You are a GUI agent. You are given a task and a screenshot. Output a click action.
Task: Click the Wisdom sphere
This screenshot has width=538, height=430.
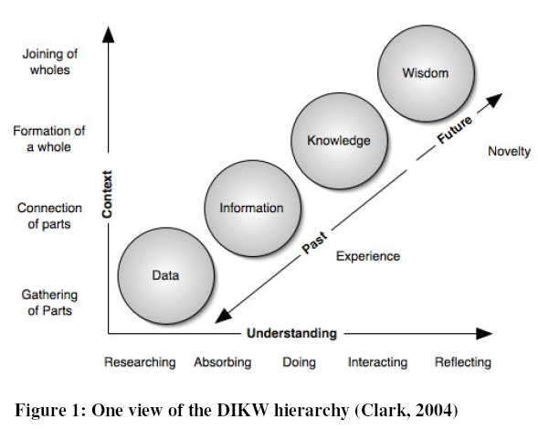pos(427,73)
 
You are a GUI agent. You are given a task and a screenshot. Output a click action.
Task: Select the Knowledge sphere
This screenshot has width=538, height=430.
pos(340,141)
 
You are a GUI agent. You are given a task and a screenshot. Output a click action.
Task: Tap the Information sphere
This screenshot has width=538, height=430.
pos(253,209)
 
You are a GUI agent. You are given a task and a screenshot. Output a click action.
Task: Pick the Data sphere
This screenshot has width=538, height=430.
pos(166,275)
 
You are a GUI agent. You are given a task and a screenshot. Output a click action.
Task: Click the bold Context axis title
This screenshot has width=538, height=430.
pos(108,194)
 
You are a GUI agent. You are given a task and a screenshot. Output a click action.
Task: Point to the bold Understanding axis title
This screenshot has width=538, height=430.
pos(291,333)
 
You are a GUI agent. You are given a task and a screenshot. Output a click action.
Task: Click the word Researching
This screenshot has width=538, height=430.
pos(140,362)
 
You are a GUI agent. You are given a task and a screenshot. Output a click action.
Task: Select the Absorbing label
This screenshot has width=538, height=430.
pos(223,362)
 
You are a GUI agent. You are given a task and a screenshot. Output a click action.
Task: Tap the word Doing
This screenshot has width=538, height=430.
pos(300,362)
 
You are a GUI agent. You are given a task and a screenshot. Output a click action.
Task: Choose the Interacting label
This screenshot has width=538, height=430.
pos(378,362)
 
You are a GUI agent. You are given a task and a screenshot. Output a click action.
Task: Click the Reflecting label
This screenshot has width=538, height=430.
pos(463,362)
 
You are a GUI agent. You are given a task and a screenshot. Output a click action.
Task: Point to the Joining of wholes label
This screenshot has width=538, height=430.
pos(50,62)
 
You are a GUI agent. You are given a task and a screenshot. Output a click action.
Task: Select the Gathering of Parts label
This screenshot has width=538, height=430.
pos(49,303)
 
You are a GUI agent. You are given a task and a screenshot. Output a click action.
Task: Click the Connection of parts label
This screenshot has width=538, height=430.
pos(49,216)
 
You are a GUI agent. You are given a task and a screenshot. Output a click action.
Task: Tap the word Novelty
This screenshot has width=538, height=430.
pos(509,152)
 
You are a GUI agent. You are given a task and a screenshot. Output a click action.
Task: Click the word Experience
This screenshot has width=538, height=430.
pos(368,256)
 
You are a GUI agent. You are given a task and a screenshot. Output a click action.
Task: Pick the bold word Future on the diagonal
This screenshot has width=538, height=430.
pos(455,130)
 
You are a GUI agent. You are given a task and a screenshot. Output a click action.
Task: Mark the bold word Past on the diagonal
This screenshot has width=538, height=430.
pos(314,242)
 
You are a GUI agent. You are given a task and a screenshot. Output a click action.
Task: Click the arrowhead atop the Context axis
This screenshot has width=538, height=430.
pos(109,35)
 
